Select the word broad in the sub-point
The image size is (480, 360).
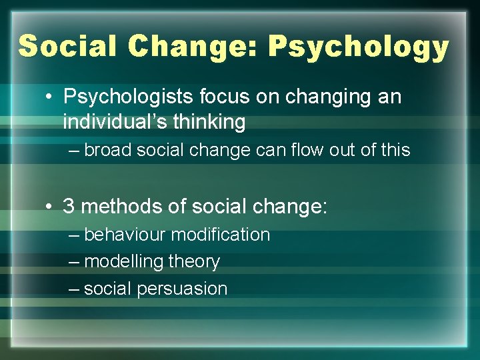click(107, 150)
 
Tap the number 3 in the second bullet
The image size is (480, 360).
click(69, 205)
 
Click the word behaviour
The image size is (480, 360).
click(125, 235)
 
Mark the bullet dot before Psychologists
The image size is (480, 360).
click(51, 97)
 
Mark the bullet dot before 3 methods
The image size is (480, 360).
click(51, 205)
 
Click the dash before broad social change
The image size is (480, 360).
click(73, 151)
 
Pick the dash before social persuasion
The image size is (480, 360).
click(73, 289)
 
